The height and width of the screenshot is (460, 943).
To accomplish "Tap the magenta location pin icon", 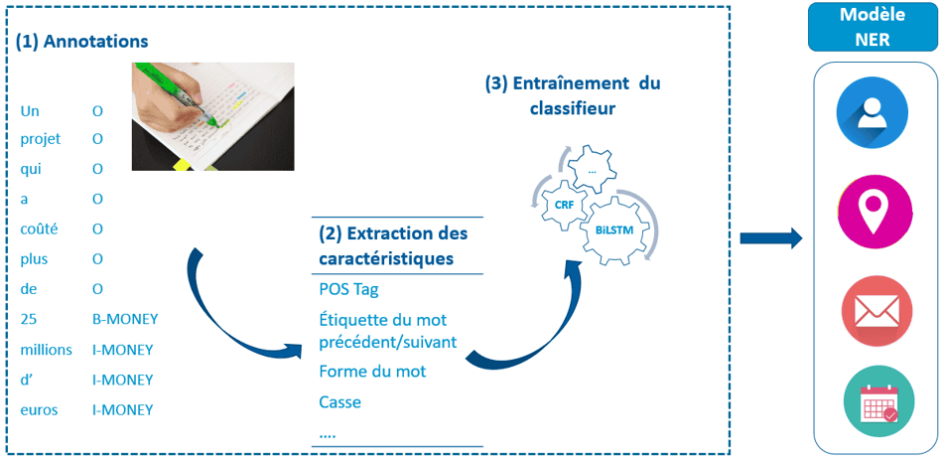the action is click(x=876, y=211).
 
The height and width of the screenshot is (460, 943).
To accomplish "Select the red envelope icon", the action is click(x=876, y=312).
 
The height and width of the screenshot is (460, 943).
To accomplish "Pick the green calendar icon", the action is click(x=878, y=402).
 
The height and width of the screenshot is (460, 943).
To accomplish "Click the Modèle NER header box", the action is click(x=871, y=26).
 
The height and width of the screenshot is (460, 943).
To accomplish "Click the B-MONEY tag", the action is click(x=124, y=319).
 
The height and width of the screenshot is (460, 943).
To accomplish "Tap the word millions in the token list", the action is click(x=47, y=349).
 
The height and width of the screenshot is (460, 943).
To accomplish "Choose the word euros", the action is click(x=39, y=410).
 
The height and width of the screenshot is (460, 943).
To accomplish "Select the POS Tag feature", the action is click(x=348, y=289).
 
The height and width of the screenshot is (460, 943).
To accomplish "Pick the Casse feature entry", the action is click(x=340, y=401).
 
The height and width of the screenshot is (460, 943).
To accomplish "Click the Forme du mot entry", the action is click(x=372, y=371).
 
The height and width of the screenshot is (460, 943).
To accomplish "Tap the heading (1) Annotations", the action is click(x=81, y=42).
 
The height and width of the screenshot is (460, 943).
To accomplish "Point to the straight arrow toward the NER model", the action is click(x=771, y=237).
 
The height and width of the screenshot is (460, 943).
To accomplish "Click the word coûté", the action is click(x=38, y=229).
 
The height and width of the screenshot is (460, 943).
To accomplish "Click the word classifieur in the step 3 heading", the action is click(x=572, y=109).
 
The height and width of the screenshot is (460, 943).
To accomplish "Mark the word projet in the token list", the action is click(x=41, y=139).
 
